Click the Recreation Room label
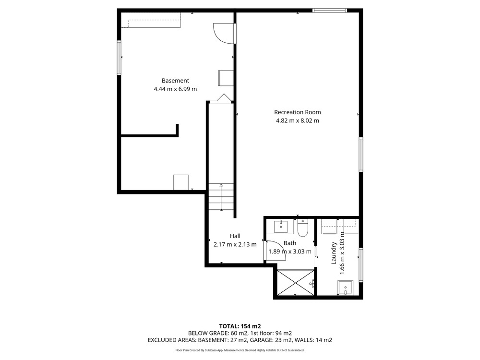click(x=297, y=112)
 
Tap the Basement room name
click(x=175, y=81)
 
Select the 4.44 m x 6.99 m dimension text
click(x=175, y=89)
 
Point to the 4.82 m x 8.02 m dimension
click(x=297, y=120)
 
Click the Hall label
click(x=235, y=236)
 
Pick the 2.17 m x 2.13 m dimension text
click(x=235, y=245)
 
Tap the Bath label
click(x=290, y=243)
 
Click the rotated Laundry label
click(x=334, y=253)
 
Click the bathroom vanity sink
click(x=281, y=227)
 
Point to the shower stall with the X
click(x=295, y=282)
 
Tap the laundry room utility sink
click(x=346, y=288)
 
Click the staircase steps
click(x=221, y=197)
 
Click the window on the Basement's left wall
click(x=119, y=58)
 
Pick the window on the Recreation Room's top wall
click(x=330, y=11)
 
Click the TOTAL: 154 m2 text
click(x=240, y=326)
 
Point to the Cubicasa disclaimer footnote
click(x=240, y=350)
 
